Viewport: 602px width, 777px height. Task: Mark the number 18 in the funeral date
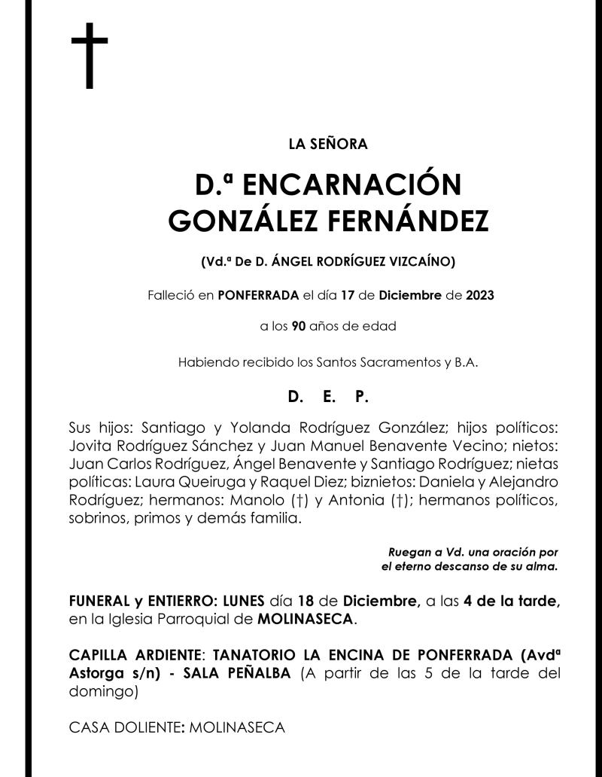(306, 602)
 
